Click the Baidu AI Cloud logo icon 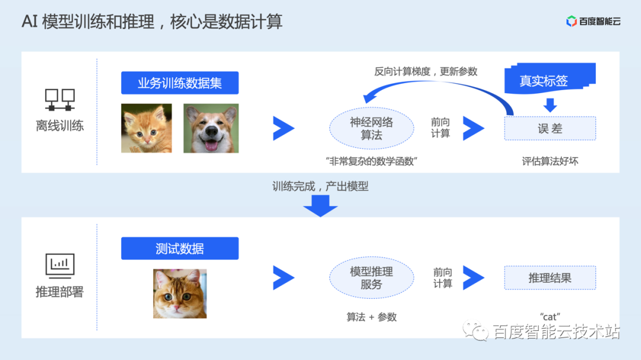pyautogui.click(x=572, y=21)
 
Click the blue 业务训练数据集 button pyautogui.click(x=180, y=83)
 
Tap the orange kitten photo pyautogui.click(x=147, y=128)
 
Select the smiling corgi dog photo pyautogui.click(x=211, y=128)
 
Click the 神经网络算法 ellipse pyautogui.click(x=372, y=128)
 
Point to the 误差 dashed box pyautogui.click(x=550, y=128)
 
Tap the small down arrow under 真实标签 pyautogui.click(x=550, y=105)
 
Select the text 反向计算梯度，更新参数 pyautogui.click(x=426, y=71)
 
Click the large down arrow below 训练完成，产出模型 pyautogui.click(x=320, y=205)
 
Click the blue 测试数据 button pyautogui.click(x=180, y=249)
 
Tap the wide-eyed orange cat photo pyautogui.click(x=180, y=294)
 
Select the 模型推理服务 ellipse pyautogui.click(x=372, y=278)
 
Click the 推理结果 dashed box pyautogui.click(x=550, y=278)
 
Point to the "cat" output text pyautogui.click(x=550, y=317)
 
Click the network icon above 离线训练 pyautogui.click(x=60, y=100)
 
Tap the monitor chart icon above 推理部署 pyautogui.click(x=60, y=265)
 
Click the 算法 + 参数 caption pyautogui.click(x=372, y=317)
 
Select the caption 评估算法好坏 pyautogui.click(x=550, y=161)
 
